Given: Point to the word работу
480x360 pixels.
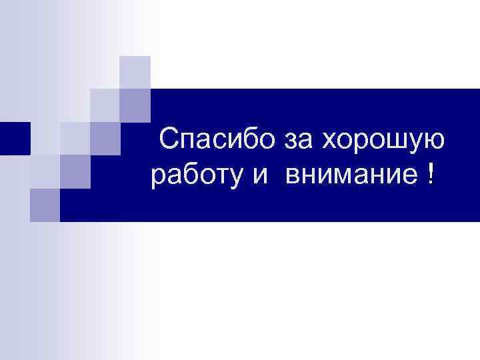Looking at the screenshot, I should [192, 178].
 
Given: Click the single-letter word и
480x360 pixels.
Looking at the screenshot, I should [259, 177].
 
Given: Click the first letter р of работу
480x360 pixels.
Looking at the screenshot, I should [159, 179].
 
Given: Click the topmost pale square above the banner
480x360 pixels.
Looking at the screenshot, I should [135, 71].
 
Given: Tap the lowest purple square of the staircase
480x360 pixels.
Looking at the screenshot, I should [45, 205].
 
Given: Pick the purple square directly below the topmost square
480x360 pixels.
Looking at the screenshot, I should [135, 103].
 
